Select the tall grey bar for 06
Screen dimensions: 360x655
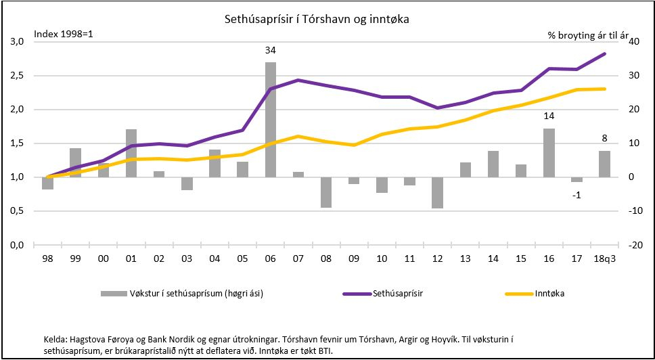270,119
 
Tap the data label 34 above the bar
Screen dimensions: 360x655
270,51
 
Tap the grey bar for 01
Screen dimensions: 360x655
131,153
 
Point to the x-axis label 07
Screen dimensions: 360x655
298,259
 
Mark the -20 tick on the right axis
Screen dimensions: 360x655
633,245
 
